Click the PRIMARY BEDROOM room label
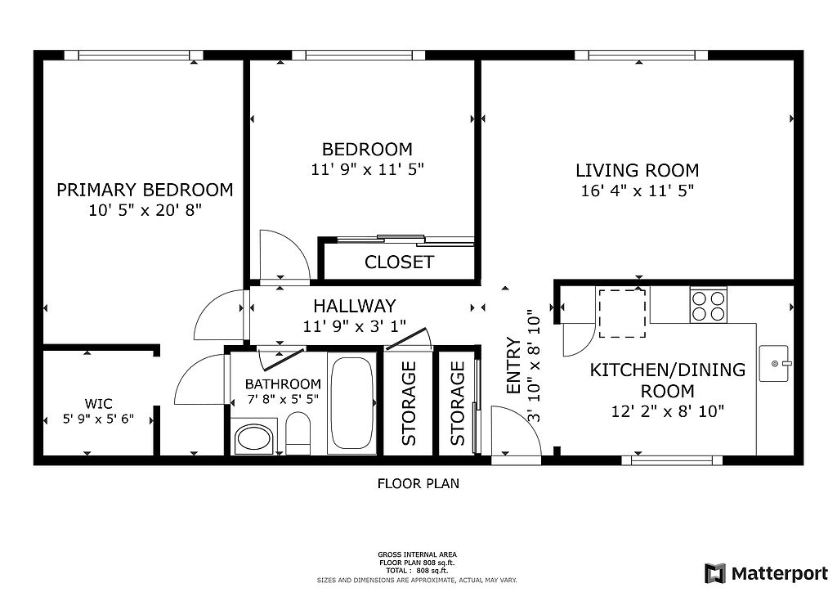tap(145, 190)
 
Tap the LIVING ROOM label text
tap(637, 170)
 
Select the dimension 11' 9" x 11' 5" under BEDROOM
tap(367, 169)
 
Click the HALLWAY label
tap(355, 306)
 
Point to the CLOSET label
tap(399, 262)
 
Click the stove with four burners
tap(709, 305)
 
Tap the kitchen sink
tap(774, 364)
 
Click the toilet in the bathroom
tap(298, 435)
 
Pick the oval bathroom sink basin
tap(254, 439)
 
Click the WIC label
tap(98, 404)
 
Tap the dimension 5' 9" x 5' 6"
tap(98, 419)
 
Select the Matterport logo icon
tap(714, 573)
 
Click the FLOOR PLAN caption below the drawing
tap(418, 483)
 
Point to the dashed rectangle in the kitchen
tap(622, 313)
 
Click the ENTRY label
tap(513, 366)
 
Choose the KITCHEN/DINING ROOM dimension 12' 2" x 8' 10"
tap(667, 411)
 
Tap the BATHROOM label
tap(283, 383)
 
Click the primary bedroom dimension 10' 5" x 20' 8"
tap(145, 210)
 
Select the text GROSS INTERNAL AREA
tap(417, 554)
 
